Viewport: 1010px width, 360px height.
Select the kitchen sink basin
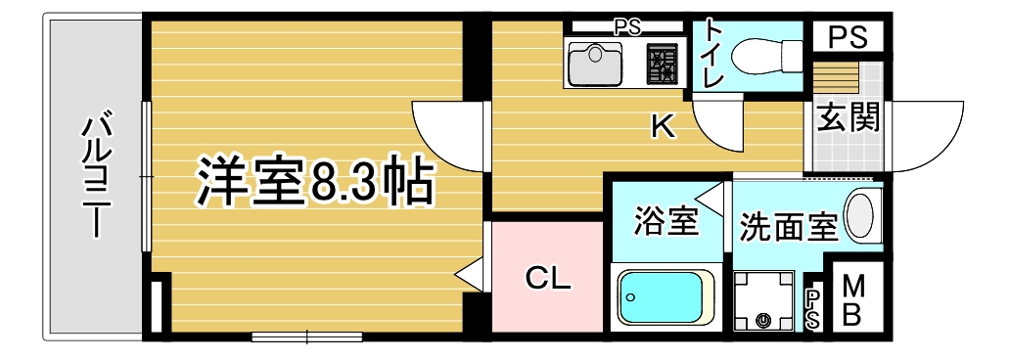[595, 64]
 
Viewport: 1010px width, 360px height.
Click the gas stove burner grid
[662, 64]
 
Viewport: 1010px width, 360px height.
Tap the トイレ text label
[715, 54]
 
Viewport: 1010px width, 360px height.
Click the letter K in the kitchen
[663, 127]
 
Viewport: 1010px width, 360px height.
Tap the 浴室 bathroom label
[666, 221]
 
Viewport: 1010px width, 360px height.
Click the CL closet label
[548, 278]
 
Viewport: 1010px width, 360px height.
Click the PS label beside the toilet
[847, 37]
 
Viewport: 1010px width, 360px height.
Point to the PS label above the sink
[626, 27]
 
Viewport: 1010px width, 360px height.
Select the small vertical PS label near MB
[813, 308]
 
